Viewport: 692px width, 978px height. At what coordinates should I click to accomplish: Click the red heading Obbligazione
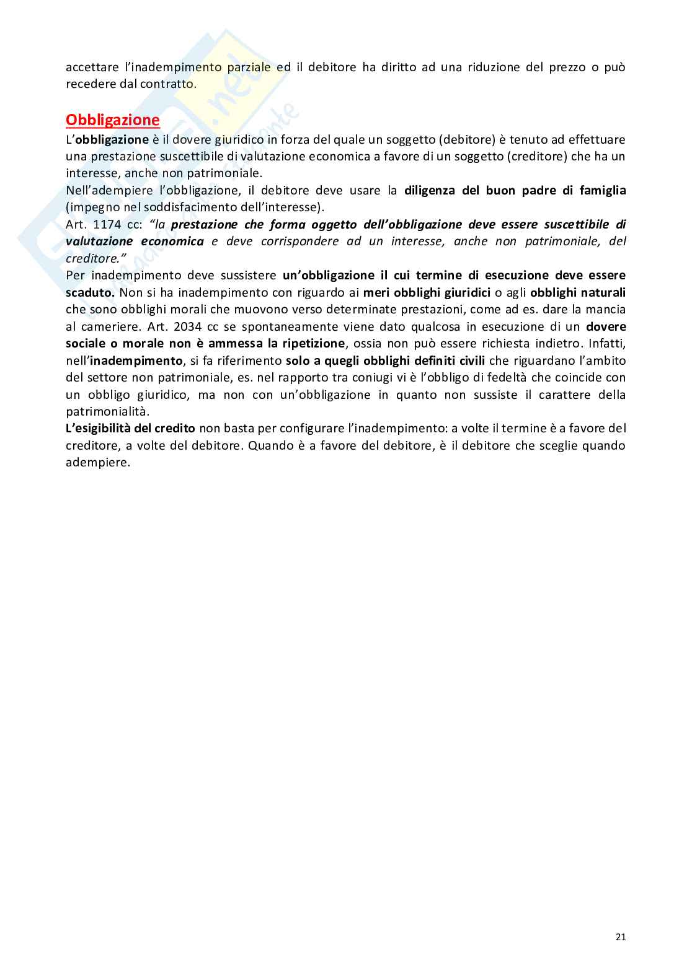coord(112,120)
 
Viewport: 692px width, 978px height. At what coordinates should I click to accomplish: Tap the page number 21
coord(621,937)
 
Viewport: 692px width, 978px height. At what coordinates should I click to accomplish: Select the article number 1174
coord(107,224)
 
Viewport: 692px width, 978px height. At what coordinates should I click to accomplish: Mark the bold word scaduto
coord(89,292)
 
